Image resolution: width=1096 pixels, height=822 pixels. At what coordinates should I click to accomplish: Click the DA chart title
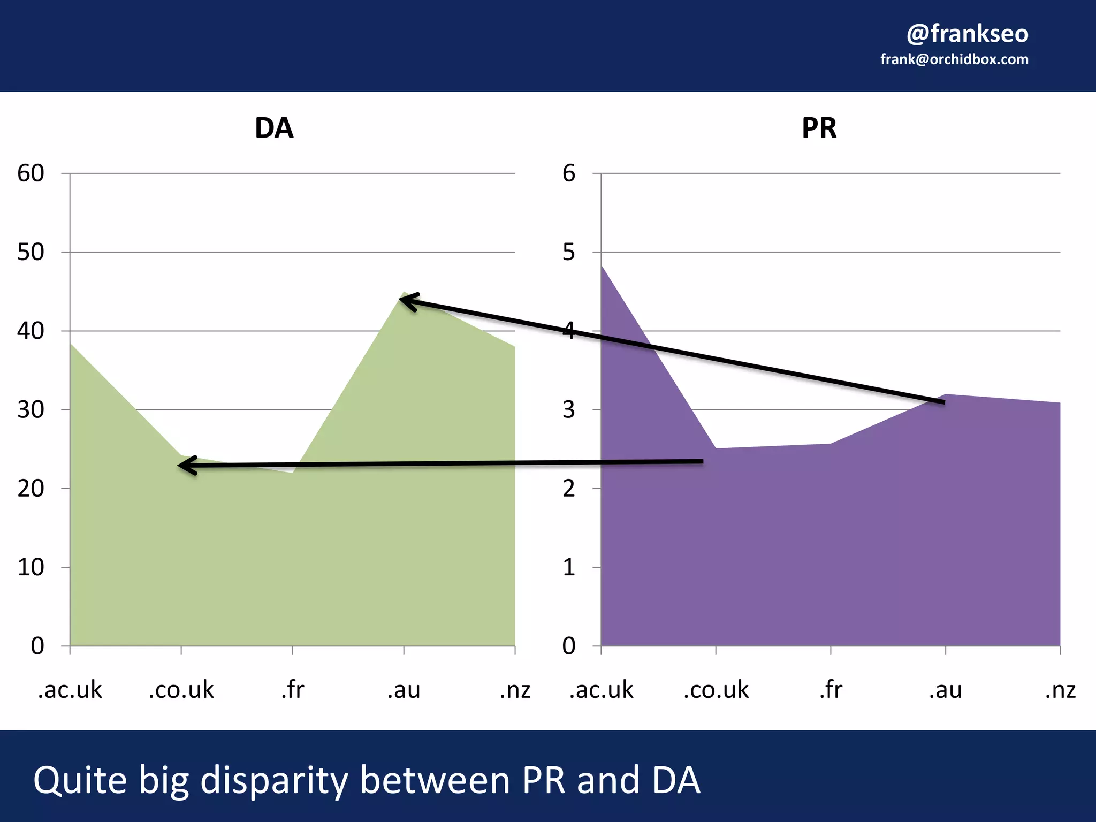(x=274, y=128)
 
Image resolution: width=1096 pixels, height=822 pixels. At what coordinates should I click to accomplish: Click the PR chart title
(x=819, y=128)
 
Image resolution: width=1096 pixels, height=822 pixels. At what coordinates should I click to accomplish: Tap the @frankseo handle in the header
(x=967, y=34)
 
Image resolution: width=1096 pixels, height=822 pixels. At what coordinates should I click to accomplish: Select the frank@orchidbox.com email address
(x=954, y=59)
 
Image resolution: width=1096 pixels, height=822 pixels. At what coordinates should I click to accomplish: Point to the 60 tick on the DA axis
(x=31, y=173)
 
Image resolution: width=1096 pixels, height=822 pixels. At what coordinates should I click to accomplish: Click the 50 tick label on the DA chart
(x=31, y=252)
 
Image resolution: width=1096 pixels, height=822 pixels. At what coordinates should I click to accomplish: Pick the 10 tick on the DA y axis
(x=31, y=567)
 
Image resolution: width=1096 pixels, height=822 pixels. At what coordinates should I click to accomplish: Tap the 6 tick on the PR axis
(x=569, y=173)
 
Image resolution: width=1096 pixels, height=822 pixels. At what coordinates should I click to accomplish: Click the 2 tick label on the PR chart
(x=569, y=489)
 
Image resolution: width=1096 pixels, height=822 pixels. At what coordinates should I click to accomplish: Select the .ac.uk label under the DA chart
(x=70, y=690)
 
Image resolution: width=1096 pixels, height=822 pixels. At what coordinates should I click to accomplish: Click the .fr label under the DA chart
(x=292, y=690)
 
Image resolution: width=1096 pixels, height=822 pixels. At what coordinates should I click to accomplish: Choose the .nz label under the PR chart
(x=1060, y=690)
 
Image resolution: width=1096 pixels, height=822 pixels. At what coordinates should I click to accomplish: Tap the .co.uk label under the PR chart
(x=716, y=690)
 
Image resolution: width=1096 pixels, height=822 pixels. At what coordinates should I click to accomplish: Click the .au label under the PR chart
(x=945, y=690)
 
